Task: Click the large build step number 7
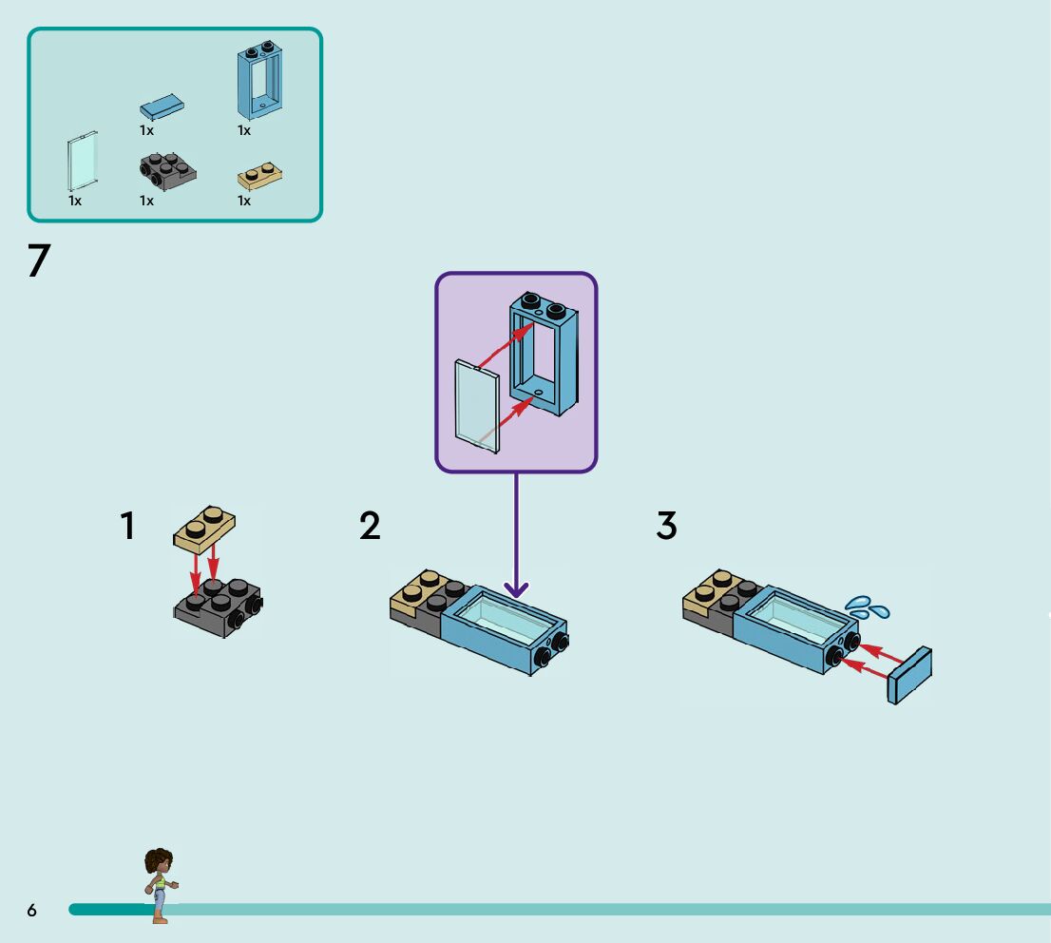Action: click(38, 260)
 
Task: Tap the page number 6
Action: click(31, 911)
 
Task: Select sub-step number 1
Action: click(127, 526)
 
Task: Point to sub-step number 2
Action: click(370, 526)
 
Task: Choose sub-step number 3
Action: click(666, 526)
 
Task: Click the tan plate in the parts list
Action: click(259, 176)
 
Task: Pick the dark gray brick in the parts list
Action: click(166, 169)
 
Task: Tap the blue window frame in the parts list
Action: click(260, 83)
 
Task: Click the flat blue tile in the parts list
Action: click(162, 106)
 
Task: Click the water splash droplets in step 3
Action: click(867, 606)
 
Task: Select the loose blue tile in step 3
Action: click(909, 675)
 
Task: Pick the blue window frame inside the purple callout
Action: click(544, 354)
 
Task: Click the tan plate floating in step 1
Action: click(204, 529)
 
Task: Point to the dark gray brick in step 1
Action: click(219, 606)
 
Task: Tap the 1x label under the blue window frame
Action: click(244, 130)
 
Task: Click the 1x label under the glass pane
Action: click(75, 201)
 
